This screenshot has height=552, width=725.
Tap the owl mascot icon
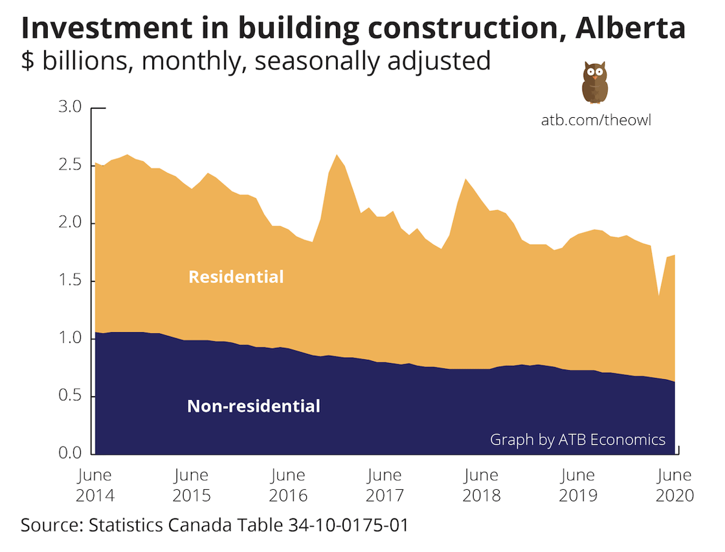[x=594, y=82]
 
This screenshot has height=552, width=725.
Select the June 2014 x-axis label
[x=95, y=485]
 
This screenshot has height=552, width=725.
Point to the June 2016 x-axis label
[x=288, y=485]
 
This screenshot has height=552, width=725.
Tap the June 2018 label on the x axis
[x=482, y=485]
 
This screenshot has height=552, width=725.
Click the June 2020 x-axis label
[x=675, y=485]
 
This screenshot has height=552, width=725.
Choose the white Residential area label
[x=236, y=277]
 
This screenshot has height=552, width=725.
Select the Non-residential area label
[x=254, y=406]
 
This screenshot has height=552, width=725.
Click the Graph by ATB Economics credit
[x=577, y=440]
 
